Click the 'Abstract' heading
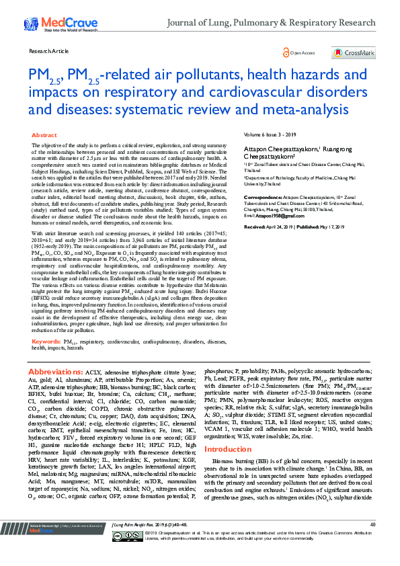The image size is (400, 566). click(x=44, y=135)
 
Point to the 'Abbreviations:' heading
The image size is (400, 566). click(x=57, y=372)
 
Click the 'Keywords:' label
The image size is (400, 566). click(x=46, y=341)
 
